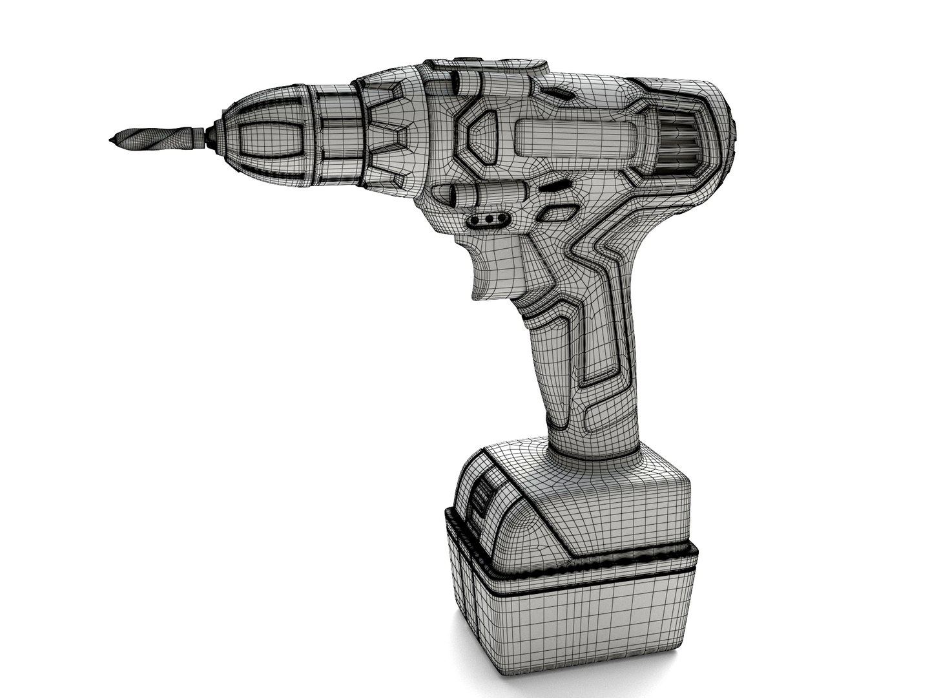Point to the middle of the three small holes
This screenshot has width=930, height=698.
click(x=489, y=220)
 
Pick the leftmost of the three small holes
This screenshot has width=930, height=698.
click(x=476, y=220)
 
